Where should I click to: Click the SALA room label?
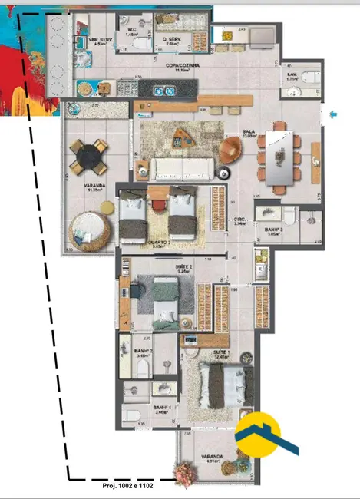pyautogui.click(x=249, y=131)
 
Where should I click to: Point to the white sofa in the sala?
pyautogui.click(x=181, y=168)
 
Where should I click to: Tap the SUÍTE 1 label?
pyautogui.click(x=222, y=352)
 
